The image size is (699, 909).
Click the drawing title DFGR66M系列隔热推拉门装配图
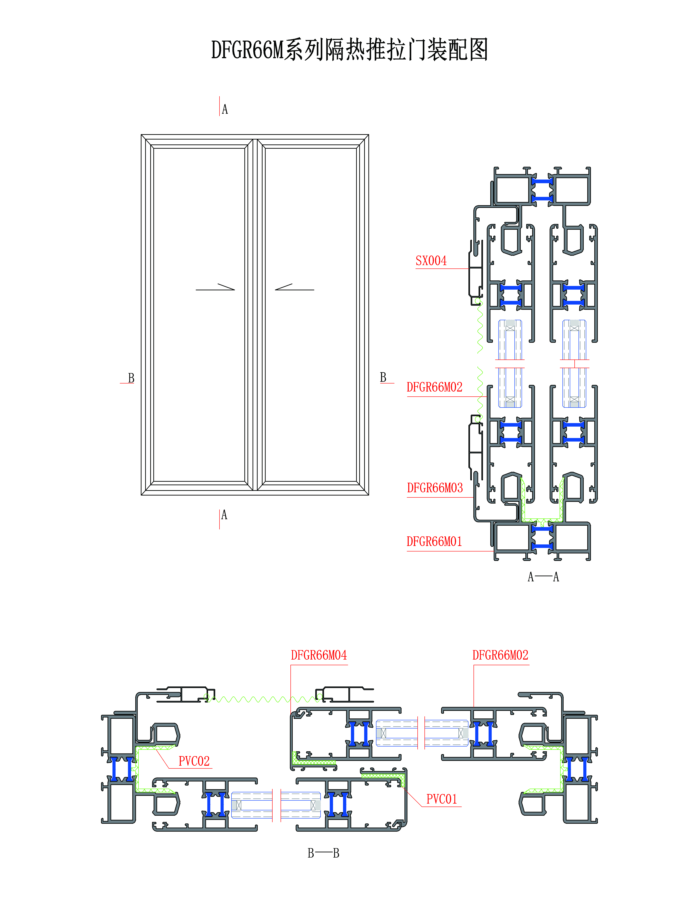click(x=349, y=50)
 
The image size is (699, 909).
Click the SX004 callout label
click(x=431, y=261)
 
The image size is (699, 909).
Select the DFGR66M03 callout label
click(x=435, y=488)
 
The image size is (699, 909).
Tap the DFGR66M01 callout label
click(x=434, y=541)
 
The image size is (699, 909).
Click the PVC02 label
click(x=194, y=761)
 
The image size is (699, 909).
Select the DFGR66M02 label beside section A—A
click(x=434, y=387)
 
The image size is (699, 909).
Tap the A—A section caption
click(x=543, y=577)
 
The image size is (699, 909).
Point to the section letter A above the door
click(x=225, y=109)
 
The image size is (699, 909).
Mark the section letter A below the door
click(x=224, y=515)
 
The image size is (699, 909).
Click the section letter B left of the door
click(x=131, y=378)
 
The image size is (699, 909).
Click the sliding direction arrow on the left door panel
click(x=215, y=287)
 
